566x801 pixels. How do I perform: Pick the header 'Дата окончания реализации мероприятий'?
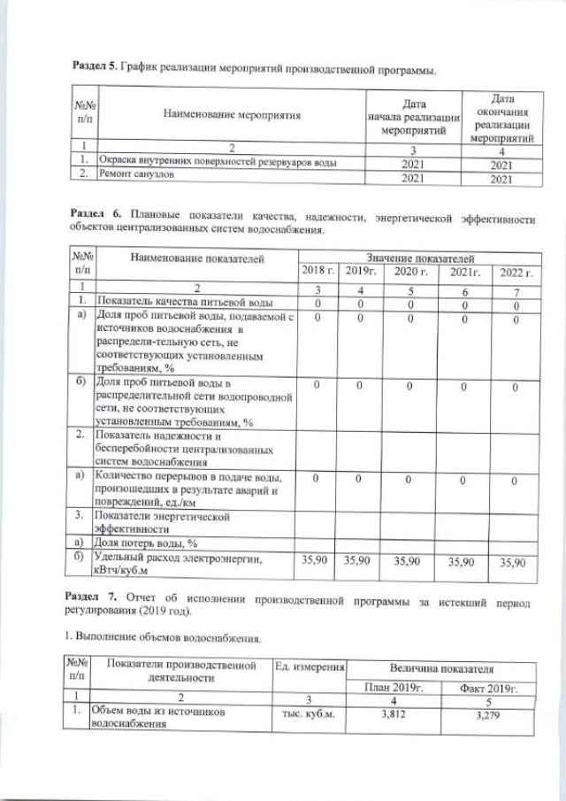[502, 115]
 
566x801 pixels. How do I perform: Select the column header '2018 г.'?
[318, 271]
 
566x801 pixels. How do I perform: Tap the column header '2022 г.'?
[516, 271]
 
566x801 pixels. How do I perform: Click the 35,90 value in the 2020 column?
[409, 561]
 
